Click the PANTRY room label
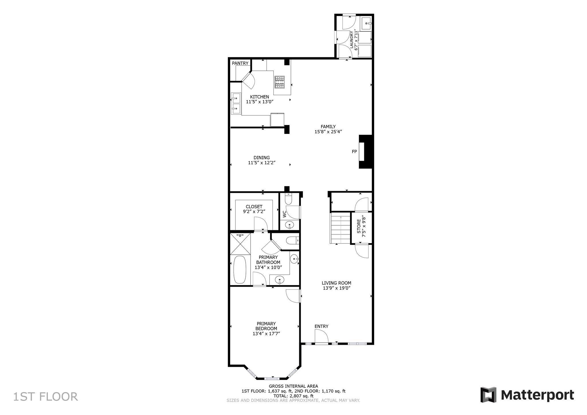pyautogui.click(x=240, y=63)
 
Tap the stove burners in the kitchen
pyautogui.click(x=279, y=82)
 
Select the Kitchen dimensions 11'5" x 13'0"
pyautogui.click(x=260, y=102)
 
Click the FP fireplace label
pyautogui.click(x=354, y=152)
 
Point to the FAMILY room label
pyautogui.click(x=328, y=127)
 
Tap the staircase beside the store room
pyautogui.click(x=341, y=228)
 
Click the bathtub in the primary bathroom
pyautogui.click(x=240, y=269)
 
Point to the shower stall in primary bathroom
pyautogui.click(x=240, y=244)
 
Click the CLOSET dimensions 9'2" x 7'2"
pyautogui.click(x=254, y=212)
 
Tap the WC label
pyautogui.click(x=285, y=214)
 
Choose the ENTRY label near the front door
pyautogui.click(x=321, y=326)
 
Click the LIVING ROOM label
pyautogui.click(x=336, y=283)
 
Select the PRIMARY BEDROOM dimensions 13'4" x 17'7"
pyautogui.click(x=266, y=334)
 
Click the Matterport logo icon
pyautogui.click(x=488, y=395)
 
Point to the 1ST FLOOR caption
pyautogui.click(x=46, y=397)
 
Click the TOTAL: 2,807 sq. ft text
pyautogui.click(x=293, y=396)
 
